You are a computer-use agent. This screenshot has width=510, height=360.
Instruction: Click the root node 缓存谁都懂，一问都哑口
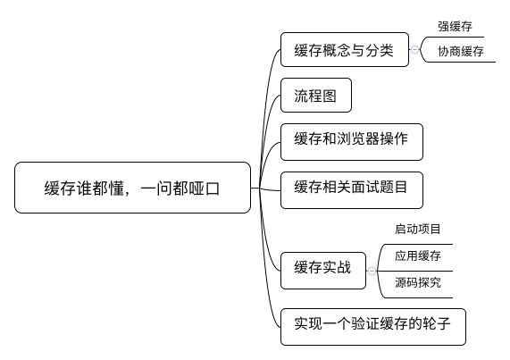coord(133,188)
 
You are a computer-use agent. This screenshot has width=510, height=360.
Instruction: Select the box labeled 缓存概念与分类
coord(345,49)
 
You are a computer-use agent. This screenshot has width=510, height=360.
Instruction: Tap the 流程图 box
coord(316,95)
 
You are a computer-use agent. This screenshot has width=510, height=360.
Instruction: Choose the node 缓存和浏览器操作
coord(352,142)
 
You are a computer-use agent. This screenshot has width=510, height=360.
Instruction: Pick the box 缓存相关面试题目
coord(352,190)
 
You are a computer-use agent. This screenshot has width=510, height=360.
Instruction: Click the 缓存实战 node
coord(323,271)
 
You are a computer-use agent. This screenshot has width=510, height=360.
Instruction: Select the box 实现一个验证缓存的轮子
coord(373,327)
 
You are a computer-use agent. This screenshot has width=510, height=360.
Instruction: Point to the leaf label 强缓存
coord(455,26)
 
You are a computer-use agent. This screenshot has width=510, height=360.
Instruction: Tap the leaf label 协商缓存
coord(461,52)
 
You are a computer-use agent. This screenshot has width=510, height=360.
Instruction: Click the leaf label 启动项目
coord(418,229)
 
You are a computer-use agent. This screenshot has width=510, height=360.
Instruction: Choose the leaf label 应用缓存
coord(418,255)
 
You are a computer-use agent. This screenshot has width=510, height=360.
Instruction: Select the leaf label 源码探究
coord(418,282)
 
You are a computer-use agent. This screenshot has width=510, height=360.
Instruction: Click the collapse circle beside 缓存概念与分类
coord(414,49)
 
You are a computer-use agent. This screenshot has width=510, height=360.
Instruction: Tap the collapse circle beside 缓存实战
coord(372,271)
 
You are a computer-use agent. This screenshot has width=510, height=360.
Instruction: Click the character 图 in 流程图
coord(330,96)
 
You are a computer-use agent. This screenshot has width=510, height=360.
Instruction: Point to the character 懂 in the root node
coord(116,188)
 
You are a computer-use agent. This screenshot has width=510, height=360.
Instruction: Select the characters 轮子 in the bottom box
coord(437,323)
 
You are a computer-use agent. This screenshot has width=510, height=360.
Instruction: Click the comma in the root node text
coord(128,194)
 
